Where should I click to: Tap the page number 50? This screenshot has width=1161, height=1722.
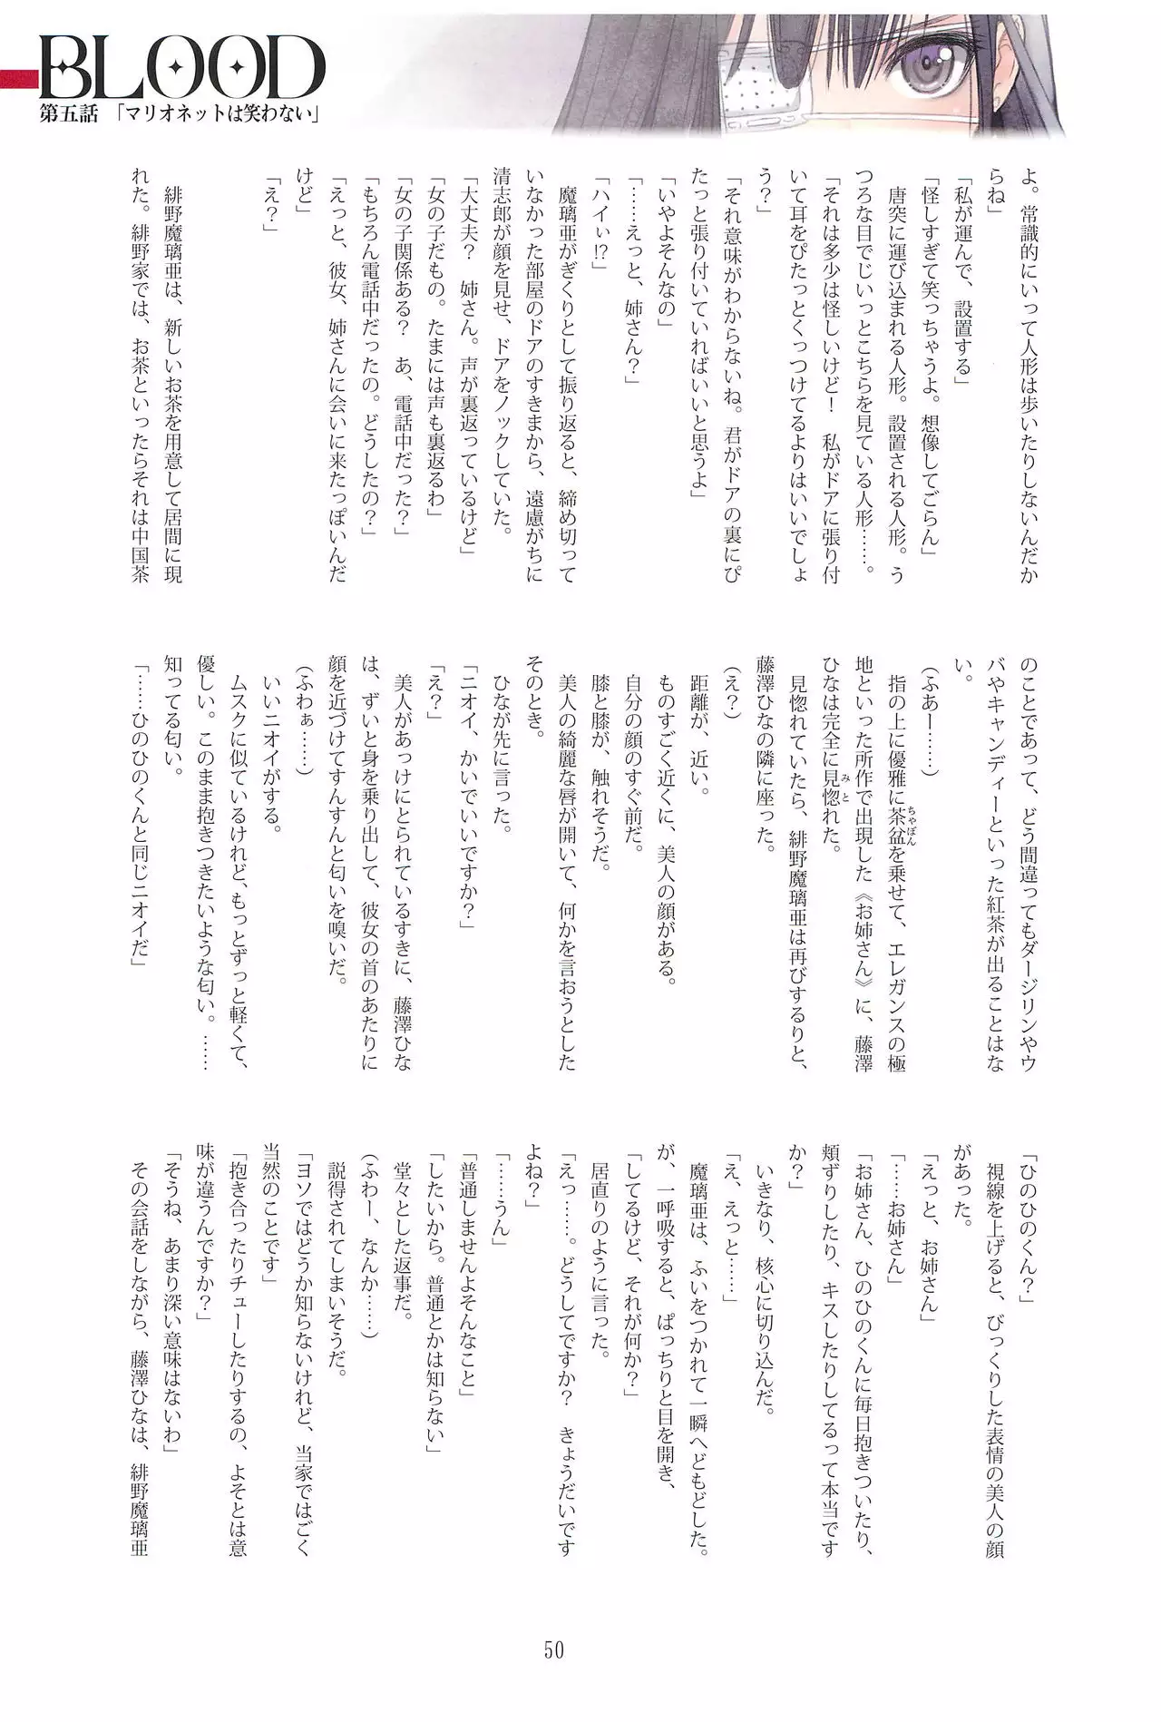pyautogui.click(x=554, y=1649)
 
